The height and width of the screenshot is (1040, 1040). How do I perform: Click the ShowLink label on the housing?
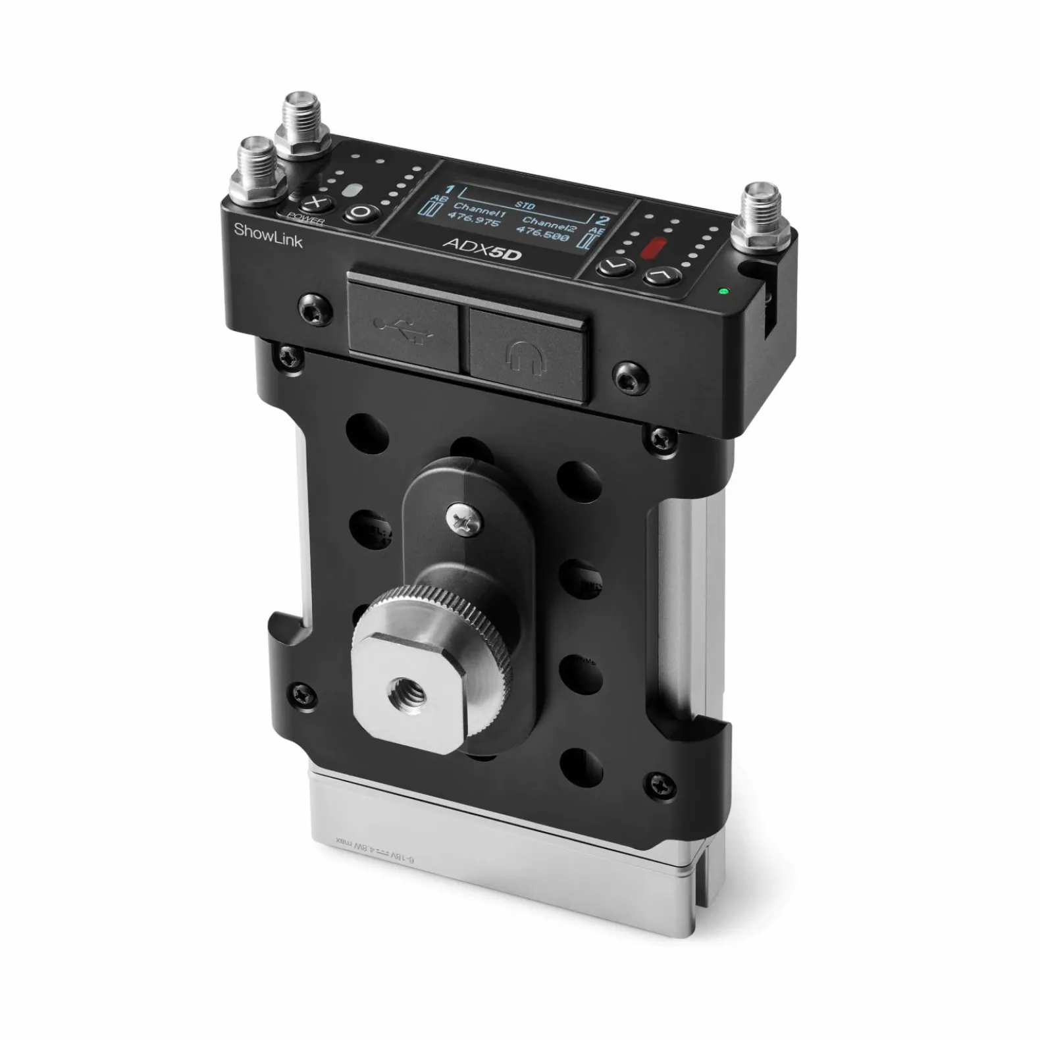click(x=268, y=236)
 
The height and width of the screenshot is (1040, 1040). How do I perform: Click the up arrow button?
click(x=663, y=276)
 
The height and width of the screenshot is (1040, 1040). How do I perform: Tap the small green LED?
click(x=725, y=290)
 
